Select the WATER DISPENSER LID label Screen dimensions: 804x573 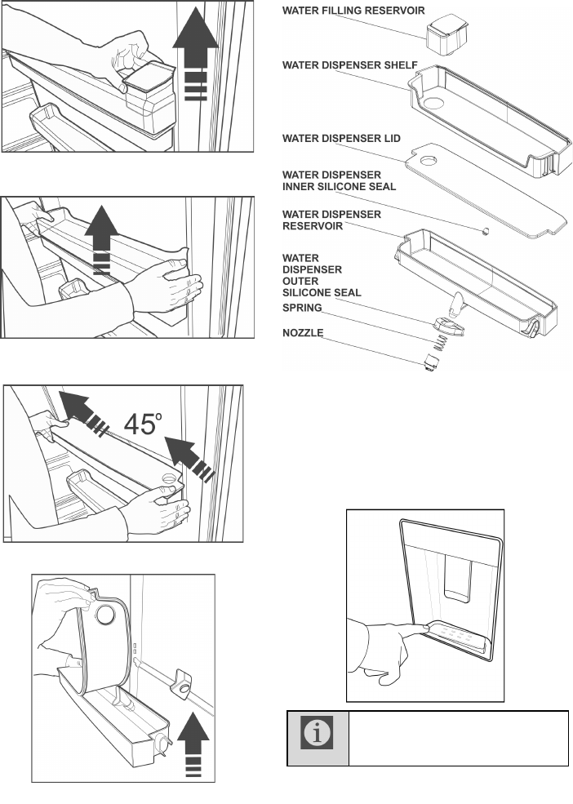341,138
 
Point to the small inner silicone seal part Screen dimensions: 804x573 486,232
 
